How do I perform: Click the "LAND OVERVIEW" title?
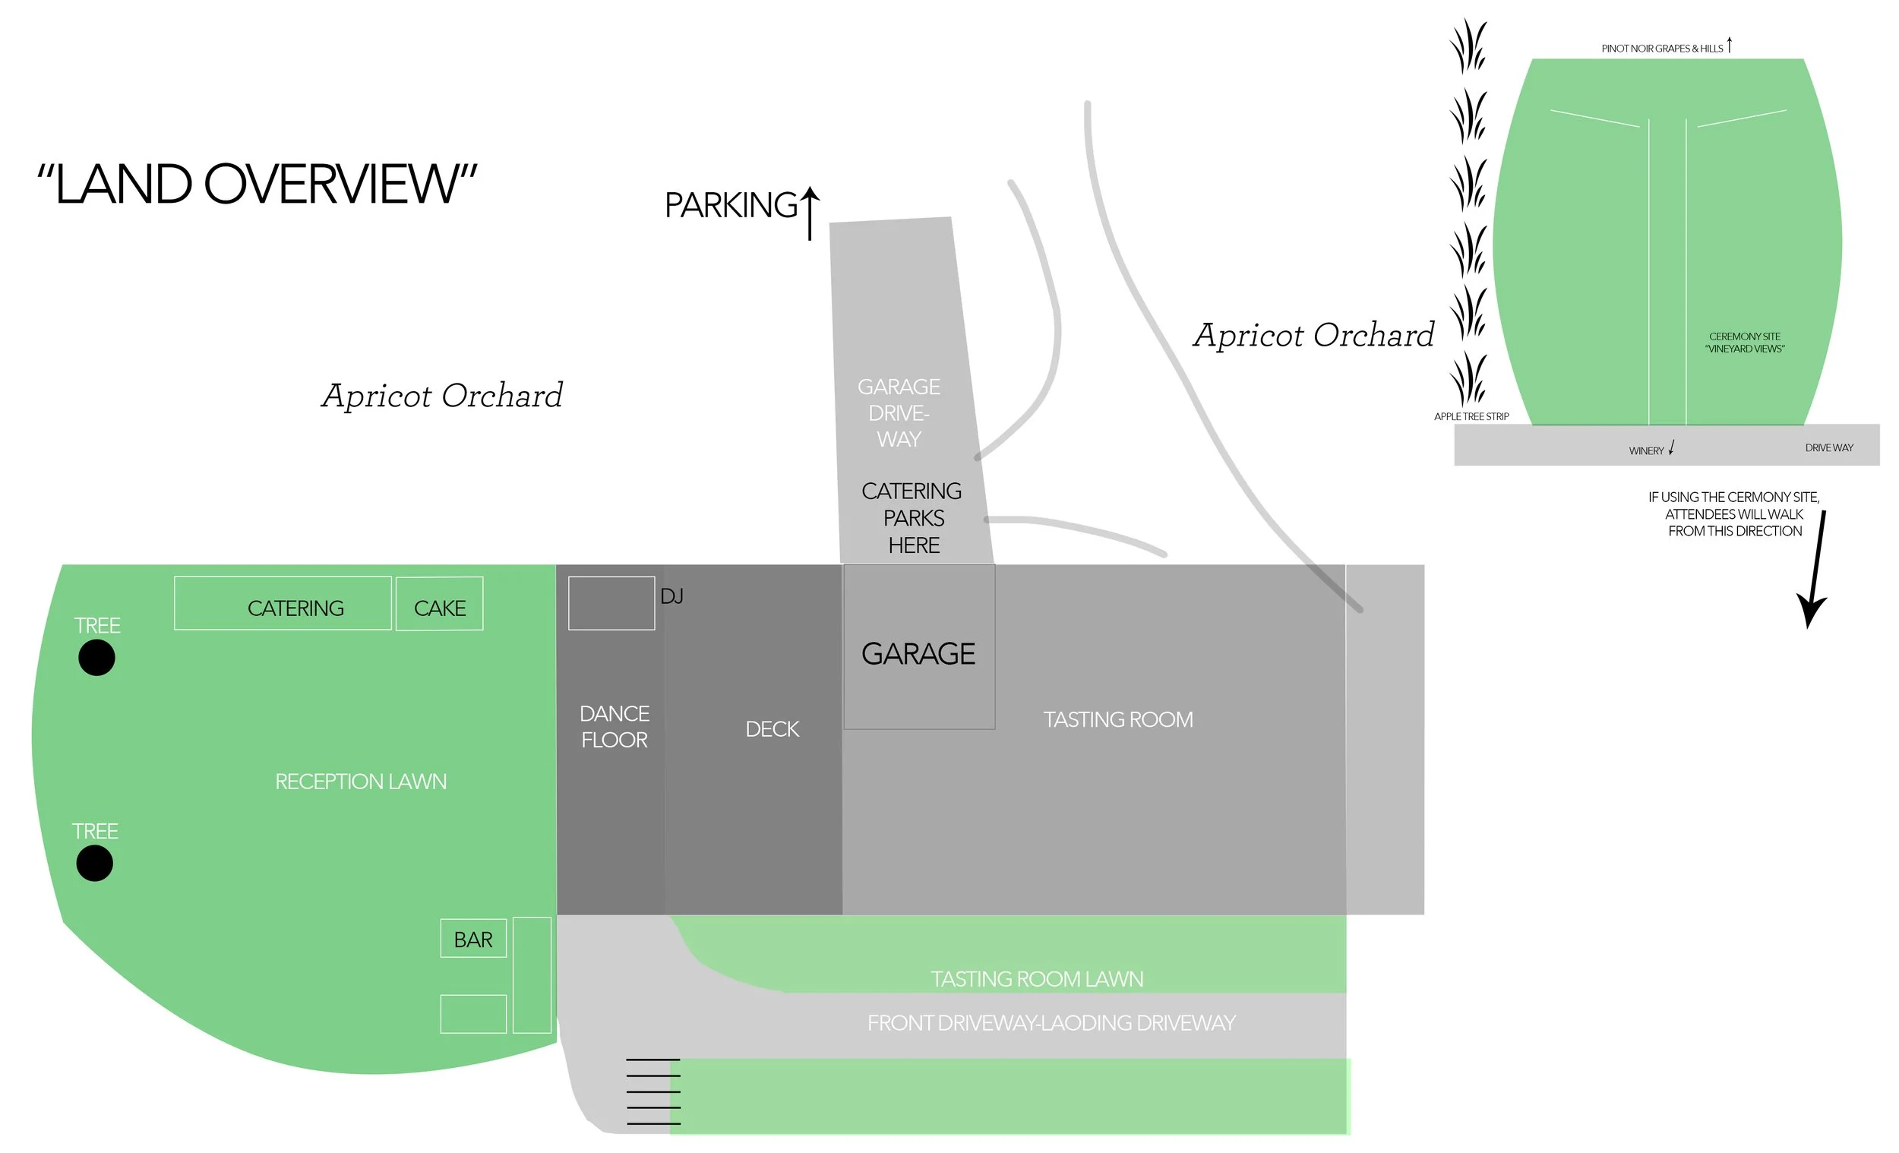point(257,185)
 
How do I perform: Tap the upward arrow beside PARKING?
point(809,212)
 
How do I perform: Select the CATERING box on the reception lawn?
point(283,604)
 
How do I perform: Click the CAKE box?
point(439,605)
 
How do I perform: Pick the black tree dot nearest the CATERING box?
point(96,658)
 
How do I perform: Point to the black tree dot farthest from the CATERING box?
point(95,862)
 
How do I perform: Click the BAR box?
point(473,939)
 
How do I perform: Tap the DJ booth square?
point(611,603)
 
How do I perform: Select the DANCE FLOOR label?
point(615,726)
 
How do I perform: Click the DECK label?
point(772,728)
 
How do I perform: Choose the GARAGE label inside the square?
point(918,653)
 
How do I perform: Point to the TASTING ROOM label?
point(1117,719)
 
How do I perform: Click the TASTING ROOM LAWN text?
point(1037,978)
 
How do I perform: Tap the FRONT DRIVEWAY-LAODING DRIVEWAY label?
point(1051,1022)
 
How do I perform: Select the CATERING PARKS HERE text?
point(912,518)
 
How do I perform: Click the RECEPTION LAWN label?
point(361,781)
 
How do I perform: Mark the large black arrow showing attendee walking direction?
point(1815,570)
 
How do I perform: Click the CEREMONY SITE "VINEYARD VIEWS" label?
point(1744,343)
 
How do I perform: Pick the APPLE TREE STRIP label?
point(1471,416)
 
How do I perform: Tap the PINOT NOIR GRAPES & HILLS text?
point(1662,48)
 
